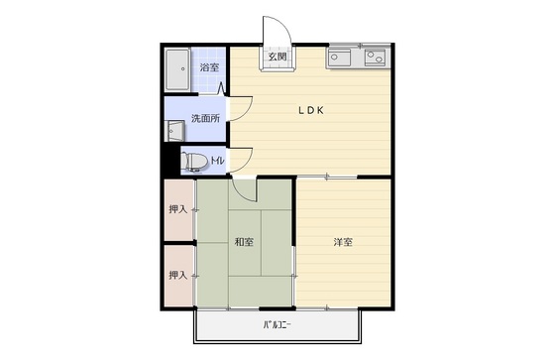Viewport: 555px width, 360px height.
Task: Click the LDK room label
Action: (x=311, y=110)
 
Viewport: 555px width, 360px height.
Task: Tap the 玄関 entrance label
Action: (x=277, y=57)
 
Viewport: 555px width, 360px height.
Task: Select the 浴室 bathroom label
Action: (x=209, y=67)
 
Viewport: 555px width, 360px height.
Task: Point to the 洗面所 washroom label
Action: (x=206, y=118)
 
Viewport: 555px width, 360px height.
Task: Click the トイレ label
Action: (x=218, y=161)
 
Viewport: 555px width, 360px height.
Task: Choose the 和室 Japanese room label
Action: (x=244, y=242)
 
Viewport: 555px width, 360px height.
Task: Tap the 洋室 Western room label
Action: (x=343, y=242)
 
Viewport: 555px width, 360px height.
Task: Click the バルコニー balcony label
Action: (x=277, y=324)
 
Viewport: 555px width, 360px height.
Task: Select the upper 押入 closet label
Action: (x=177, y=209)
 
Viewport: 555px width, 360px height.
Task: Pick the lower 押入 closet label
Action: (x=177, y=275)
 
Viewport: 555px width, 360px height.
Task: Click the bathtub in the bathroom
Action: (x=177, y=69)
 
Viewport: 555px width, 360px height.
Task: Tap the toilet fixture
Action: (x=194, y=162)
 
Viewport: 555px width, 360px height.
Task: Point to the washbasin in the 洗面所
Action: (x=174, y=131)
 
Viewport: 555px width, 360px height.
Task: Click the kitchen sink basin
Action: (x=339, y=58)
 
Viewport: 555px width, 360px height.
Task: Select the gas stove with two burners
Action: (x=377, y=58)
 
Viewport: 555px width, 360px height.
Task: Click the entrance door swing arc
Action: (x=285, y=25)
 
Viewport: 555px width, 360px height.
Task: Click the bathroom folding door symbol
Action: (x=222, y=88)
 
